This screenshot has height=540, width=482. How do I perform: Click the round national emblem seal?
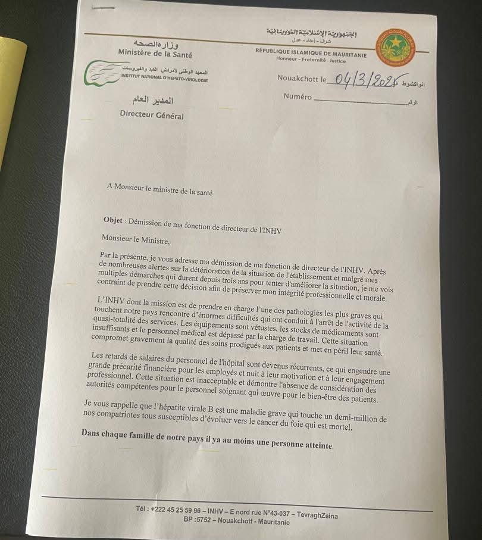396,46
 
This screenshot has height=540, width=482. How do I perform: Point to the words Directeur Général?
152,116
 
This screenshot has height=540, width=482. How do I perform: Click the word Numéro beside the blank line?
298,96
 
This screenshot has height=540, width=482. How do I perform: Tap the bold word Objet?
113,220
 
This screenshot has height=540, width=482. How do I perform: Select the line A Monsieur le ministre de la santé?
159,192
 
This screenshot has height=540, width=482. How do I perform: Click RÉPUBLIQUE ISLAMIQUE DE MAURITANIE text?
311,52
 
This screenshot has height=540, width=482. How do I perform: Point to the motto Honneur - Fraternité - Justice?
311,60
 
